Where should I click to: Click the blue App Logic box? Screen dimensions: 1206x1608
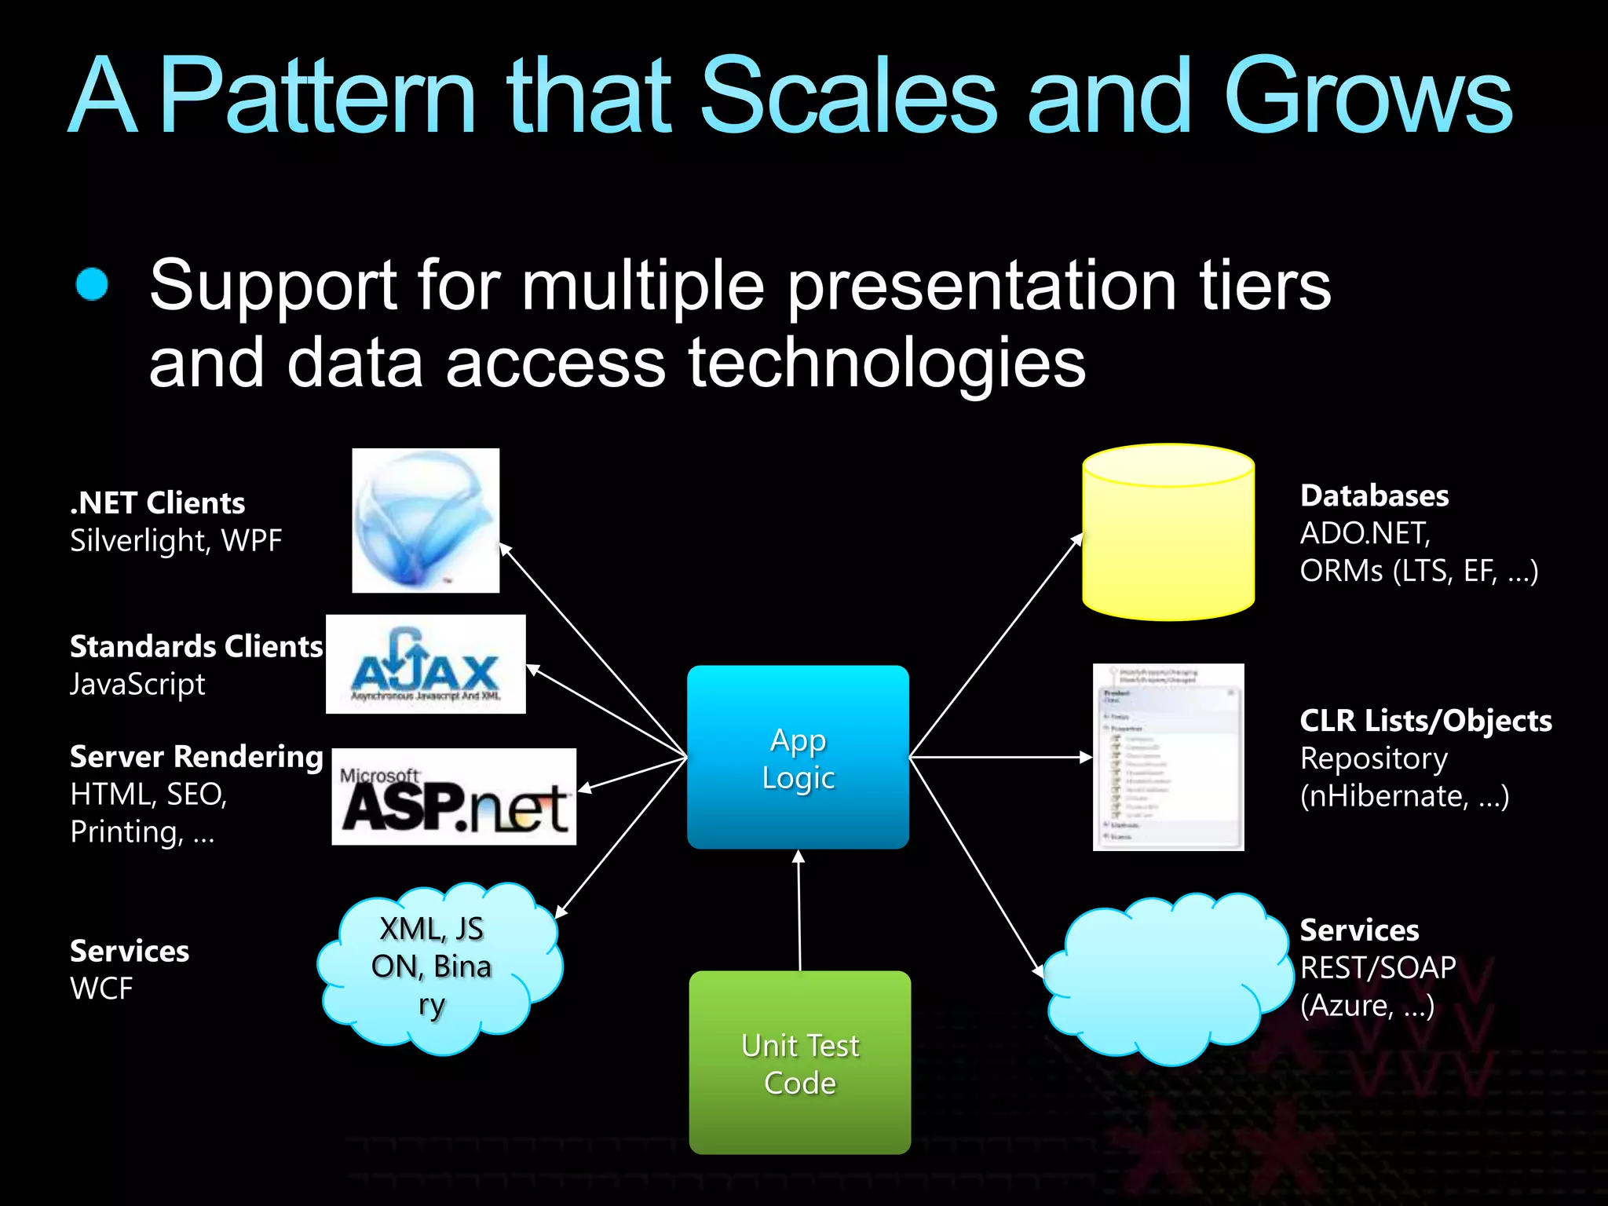tap(798, 757)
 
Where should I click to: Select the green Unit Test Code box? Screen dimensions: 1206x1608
tap(799, 1062)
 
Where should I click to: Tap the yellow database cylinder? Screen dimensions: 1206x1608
tap(1168, 534)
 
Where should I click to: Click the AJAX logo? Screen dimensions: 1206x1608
tap(426, 664)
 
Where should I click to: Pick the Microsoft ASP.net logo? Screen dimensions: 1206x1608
tap(454, 797)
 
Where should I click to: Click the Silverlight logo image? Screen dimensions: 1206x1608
tap(426, 520)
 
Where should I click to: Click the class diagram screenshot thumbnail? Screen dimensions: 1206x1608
tap(1168, 757)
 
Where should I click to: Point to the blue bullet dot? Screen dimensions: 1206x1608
tap(92, 284)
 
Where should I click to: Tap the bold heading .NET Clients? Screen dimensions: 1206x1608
tap(157, 503)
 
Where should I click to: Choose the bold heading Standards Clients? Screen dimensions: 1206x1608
tap(196, 647)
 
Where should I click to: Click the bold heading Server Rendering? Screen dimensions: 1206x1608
tap(196, 757)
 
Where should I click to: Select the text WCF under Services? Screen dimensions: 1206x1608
tap(101, 989)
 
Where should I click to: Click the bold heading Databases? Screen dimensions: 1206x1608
tap(1374, 496)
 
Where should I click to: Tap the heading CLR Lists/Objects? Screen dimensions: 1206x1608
tap(1425, 721)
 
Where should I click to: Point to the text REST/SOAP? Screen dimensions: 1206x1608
tap(1377, 967)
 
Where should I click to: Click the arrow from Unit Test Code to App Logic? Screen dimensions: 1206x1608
tap(799, 911)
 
